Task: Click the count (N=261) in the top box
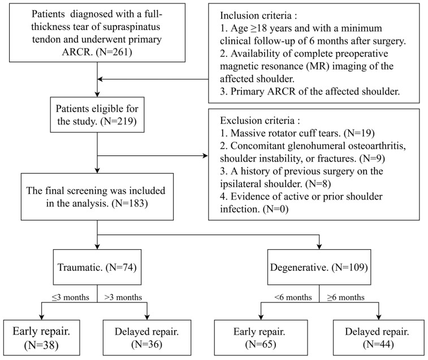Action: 114,51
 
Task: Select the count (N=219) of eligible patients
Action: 119,121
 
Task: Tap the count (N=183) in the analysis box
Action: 129,203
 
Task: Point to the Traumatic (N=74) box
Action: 97,267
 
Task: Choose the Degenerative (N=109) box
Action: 319,267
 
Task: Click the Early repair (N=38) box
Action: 41,337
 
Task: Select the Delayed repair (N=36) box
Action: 147,337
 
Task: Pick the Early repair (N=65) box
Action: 261,337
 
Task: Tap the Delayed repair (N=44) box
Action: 379,337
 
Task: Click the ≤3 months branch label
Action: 71,297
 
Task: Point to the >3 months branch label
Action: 123,297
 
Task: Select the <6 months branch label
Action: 293,297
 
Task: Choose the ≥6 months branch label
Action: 346,297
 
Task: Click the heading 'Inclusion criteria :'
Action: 258,16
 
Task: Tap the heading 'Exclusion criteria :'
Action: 260,120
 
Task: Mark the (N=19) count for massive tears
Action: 359,133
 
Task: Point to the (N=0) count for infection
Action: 276,209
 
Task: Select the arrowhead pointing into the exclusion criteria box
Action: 205,156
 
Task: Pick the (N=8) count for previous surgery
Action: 318,184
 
